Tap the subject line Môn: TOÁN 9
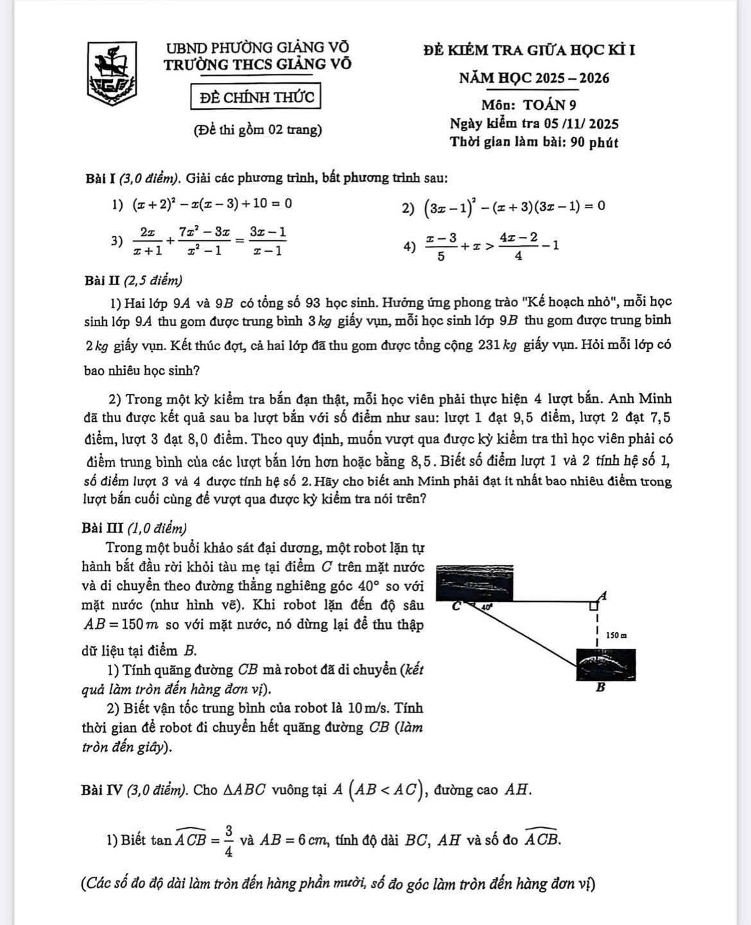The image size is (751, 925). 532,104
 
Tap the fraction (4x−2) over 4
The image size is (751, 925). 518,245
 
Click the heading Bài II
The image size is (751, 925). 103,280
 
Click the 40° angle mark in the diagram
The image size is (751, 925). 486,606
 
